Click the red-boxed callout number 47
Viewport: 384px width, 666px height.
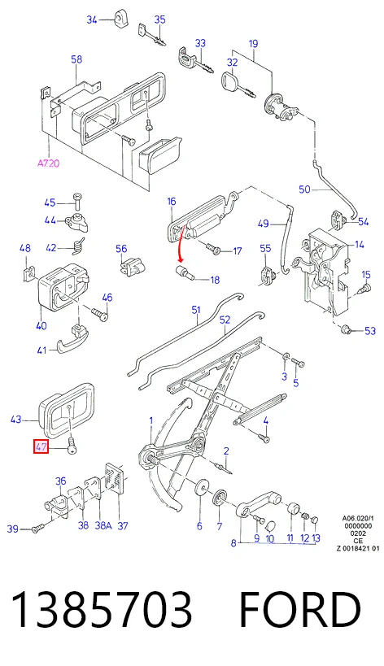pos(41,446)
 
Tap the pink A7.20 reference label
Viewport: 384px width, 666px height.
pos(48,163)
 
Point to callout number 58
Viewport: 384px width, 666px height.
pos(76,59)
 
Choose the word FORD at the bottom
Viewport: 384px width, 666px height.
pos(300,610)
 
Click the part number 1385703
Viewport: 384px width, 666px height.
pos(102,610)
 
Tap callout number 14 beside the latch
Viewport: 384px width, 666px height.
pos(360,245)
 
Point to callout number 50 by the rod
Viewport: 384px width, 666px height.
pos(304,189)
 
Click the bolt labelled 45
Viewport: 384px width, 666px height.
pos(77,202)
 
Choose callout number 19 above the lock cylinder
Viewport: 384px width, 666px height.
pos(253,43)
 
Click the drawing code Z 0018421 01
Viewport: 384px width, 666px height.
pos(358,548)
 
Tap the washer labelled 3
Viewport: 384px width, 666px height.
pos(286,356)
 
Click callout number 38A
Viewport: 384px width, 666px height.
pos(103,526)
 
